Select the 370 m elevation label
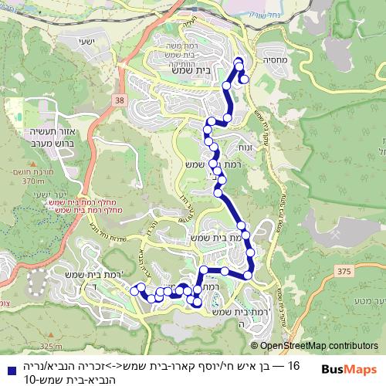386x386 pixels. (36, 181)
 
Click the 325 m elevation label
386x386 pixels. (50, 346)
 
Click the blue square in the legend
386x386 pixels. (9, 364)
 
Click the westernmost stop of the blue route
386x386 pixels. (134, 292)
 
